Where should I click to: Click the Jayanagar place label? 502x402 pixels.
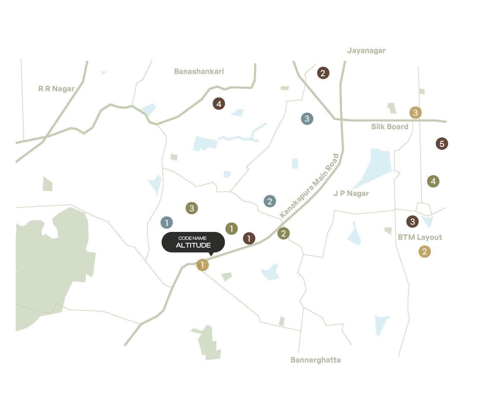[x=366, y=51]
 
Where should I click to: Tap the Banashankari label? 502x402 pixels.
[x=199, y=71]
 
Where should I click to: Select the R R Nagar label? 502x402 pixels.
[x=56, y=89]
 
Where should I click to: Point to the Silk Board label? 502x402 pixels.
[x=389, y=127]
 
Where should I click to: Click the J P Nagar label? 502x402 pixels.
[x=351, y=193]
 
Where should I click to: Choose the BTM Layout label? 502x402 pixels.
[x=420, y=237]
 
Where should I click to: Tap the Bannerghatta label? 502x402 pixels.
[x=315, y=360]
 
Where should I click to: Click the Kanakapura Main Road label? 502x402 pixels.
[x=309, y=185]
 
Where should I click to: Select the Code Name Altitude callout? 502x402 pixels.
[x=193, y=242]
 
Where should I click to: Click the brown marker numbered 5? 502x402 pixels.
[x=442, y=144]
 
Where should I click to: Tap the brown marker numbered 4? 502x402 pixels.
[x=219, y=104]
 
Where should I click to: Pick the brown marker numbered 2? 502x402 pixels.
[x=323, y=73]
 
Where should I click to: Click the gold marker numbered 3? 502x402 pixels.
[x=415, y=113]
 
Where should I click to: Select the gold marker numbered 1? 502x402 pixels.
[x=202, y=265]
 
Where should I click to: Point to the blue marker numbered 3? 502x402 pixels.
[x=307, y=118]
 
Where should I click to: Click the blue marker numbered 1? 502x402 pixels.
[x=167, y=223]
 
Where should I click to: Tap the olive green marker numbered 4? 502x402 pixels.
[x=433, y=181]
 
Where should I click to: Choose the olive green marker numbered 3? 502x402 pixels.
[x=191, y=208]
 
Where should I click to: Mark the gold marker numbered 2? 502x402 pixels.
[x=424, y=252]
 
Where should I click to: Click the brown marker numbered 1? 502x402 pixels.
[x=249, y=238]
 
